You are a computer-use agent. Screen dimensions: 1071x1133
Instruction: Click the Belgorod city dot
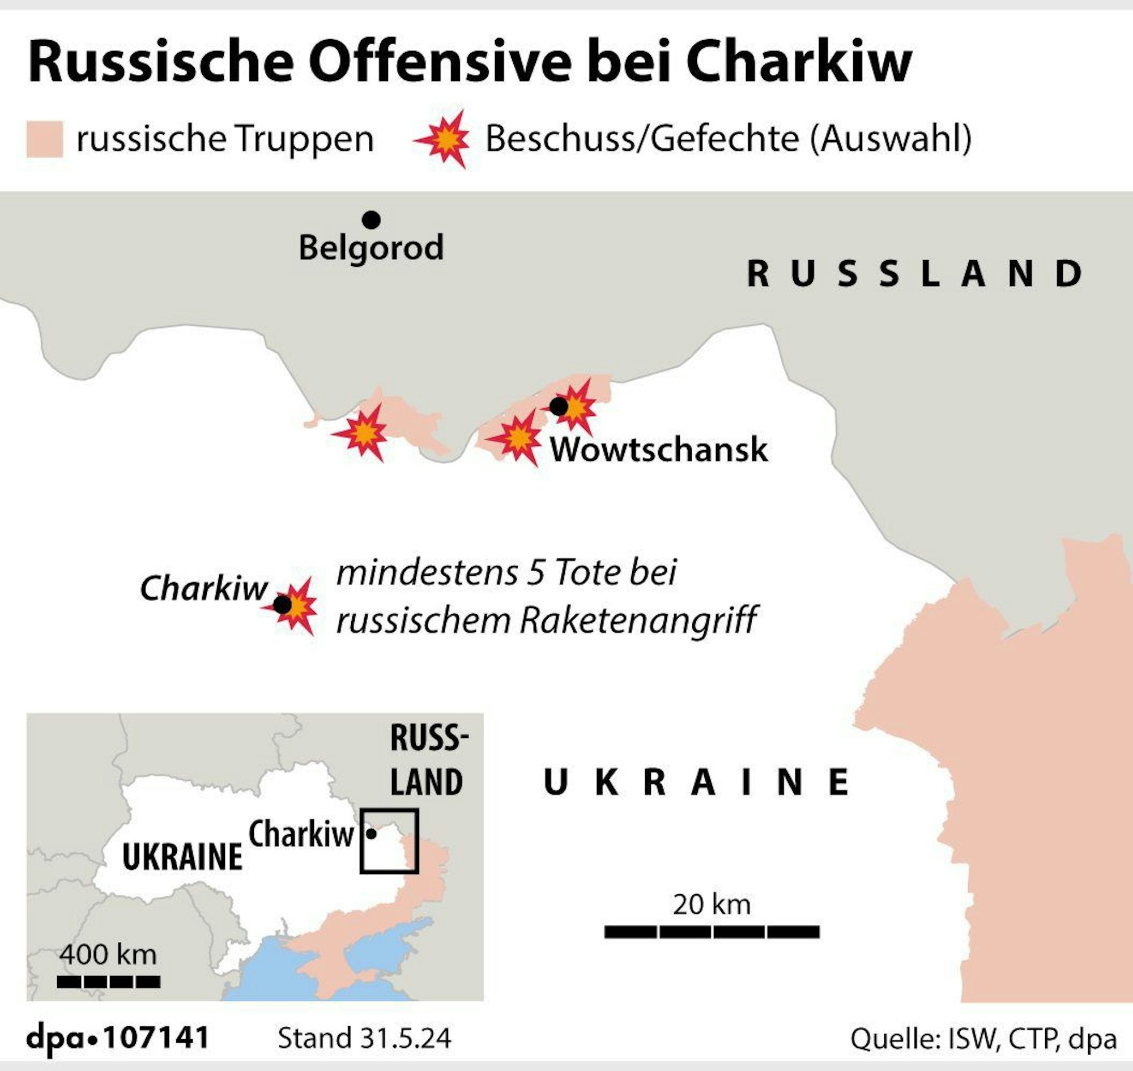[371, 219]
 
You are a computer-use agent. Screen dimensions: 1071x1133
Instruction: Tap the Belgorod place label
[371, 248]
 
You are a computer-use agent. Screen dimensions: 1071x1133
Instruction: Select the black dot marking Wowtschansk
[558, 406]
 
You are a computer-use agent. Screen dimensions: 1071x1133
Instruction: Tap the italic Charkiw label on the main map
[204, 588]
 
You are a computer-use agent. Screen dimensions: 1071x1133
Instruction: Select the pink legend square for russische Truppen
[45, 139]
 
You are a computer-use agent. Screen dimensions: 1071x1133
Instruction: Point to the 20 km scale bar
[712, 932]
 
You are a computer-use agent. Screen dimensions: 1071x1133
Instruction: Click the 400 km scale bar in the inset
[108, 981]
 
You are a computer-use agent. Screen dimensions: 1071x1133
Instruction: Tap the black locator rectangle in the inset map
[389, 841]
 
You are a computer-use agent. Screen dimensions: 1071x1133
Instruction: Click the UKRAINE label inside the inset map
[182, 857]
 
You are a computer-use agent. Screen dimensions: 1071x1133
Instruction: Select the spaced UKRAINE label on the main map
[696, 782]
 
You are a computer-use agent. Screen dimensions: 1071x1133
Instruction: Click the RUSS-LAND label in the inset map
[427, 760]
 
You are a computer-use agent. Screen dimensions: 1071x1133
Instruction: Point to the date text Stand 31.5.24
[364, 1039]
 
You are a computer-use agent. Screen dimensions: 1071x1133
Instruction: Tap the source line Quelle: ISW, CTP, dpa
[983, 1039]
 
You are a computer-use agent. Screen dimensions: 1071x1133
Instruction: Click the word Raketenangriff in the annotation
[638, 620]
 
